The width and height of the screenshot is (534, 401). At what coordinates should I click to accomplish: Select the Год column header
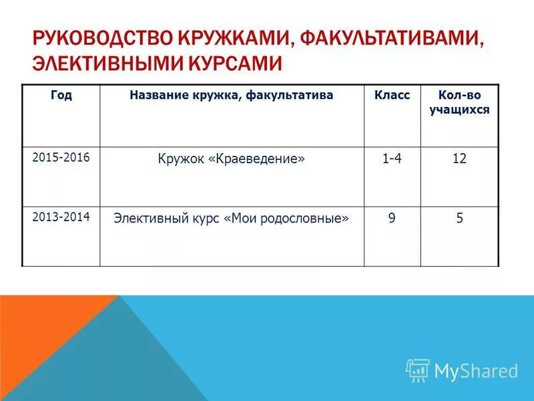pyautogui.click(x=61, y=96)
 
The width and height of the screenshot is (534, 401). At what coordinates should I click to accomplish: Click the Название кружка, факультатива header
pyautogui.click(x=232, y=96)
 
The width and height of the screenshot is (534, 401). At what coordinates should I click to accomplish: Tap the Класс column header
pyautogui.click(x=392, y=96)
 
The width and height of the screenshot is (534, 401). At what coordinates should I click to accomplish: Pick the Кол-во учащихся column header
pyautogui.click(x=459, y=103)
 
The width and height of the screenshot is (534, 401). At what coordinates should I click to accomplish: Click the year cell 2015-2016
pyautogui.click(x=61, y=156)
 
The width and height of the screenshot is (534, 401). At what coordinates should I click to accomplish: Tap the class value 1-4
pyautogui.click(x=392, y=159)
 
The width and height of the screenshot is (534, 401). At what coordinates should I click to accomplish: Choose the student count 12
pyautogui.click(x=459, y=159)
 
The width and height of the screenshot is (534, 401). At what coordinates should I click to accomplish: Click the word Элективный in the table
pyautogui.click(x=147, y=219)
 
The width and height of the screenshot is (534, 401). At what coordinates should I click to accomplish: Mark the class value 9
pyautogui.click(x=392, y=219)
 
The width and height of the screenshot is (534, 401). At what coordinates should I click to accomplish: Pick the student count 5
pyautogui.click(x=459, y=219)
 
